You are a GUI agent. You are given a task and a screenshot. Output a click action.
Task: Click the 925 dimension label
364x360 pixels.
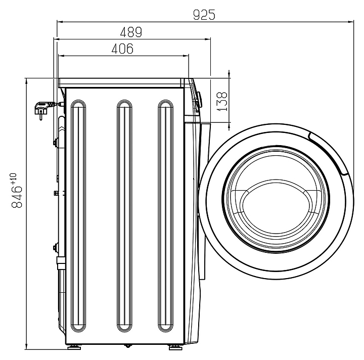click(204, 15)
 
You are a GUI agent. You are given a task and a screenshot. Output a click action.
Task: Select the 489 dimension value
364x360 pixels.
click(131, 32)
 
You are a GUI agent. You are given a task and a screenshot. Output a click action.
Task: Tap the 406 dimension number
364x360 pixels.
click(122, 49)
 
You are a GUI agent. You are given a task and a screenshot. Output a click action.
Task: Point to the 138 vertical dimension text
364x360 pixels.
click(222, 102)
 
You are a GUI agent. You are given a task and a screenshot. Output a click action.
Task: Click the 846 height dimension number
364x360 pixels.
click(17, 197)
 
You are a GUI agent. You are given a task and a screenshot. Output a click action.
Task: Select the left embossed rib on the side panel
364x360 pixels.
click(78, 215)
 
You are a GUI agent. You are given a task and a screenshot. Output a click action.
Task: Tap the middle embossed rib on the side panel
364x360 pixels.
click(125, 215)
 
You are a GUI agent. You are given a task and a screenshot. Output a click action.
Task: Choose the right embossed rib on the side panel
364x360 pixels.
click(165, 215)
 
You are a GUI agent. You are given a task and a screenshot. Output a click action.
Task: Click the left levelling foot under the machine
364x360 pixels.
click(74, 347)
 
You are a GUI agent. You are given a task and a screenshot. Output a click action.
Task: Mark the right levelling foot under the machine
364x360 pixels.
click(175, 347)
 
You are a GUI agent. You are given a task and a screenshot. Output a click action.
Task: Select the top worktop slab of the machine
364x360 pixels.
click(121, 83)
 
